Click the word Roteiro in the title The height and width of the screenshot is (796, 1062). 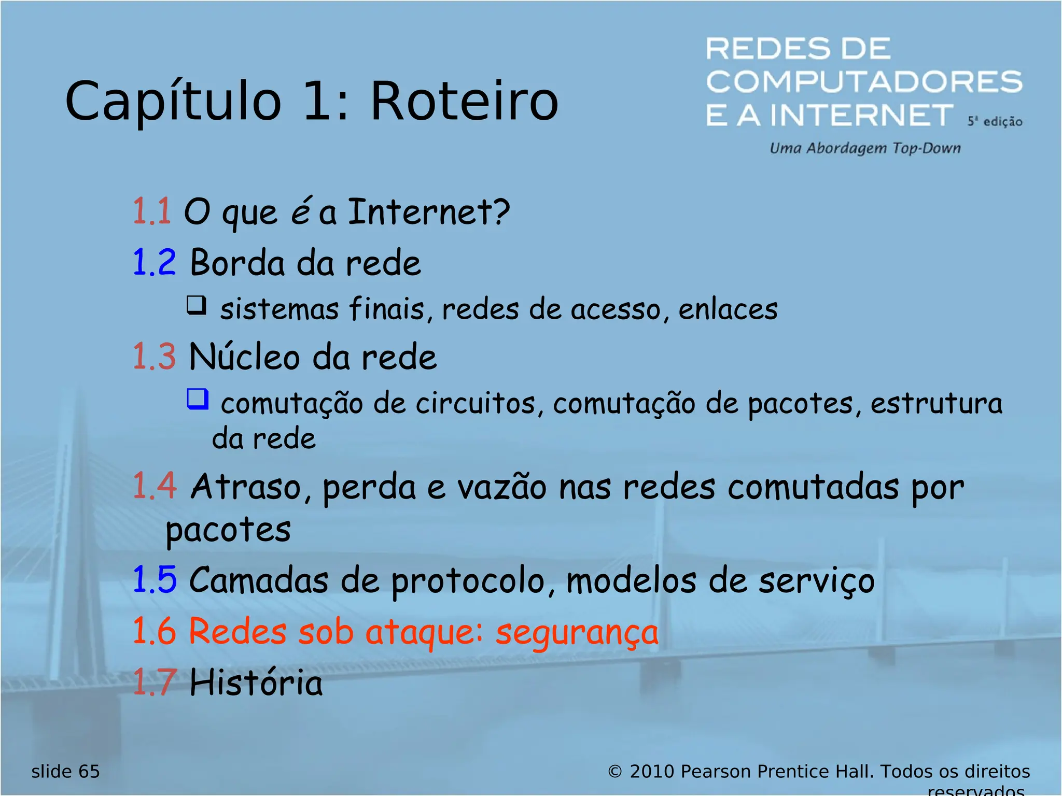tap(464, 101)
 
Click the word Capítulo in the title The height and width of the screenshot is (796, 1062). tap(173, 102)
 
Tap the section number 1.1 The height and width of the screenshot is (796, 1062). tap(151, 211)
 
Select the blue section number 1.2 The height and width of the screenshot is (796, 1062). tap(154, 262)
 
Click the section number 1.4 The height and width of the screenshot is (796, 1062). tap(155, 486)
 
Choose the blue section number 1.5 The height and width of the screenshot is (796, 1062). tap(155, 579)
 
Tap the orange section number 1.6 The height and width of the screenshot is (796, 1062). tap(155, 631)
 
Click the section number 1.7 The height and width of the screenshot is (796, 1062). tap(155, 682)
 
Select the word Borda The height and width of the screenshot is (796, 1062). tap(237, 263)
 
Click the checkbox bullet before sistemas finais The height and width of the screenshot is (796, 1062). tap(197, 305)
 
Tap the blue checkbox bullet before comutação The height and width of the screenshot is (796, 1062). tap(198, 399)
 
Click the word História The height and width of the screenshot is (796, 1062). tap(256, 682)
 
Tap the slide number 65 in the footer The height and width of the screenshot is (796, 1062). tap(89, 772)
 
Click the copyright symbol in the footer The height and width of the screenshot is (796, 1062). tap(614, 772)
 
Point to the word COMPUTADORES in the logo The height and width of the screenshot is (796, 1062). tap(864, 82)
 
